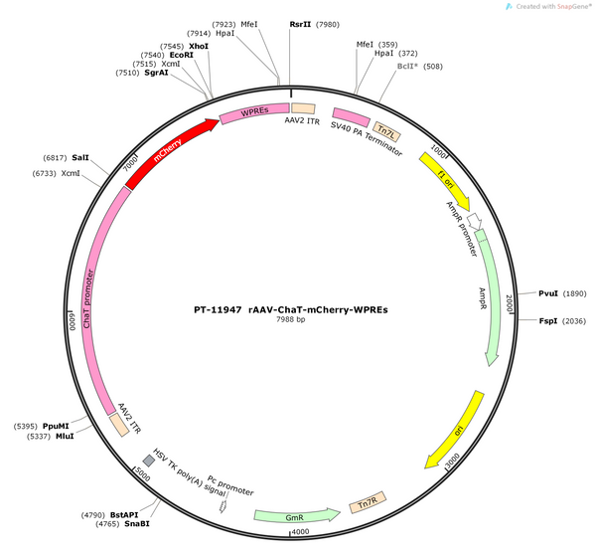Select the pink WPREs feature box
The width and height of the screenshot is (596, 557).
coord(254,112)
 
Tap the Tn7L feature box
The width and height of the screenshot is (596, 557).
coord(386,132)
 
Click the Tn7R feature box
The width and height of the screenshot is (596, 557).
coord(368,502)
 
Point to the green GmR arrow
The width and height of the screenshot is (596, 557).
coord(297,515)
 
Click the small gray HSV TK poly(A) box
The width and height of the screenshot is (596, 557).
coord(149,461)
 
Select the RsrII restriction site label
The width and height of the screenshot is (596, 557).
coord(300,24)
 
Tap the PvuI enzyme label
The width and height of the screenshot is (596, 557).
coord(548,293)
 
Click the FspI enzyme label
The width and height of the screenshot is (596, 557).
coord(548,321)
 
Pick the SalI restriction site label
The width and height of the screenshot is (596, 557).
coord(80,157)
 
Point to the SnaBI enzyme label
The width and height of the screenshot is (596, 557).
coord(137,524)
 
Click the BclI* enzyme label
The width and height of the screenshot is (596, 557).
coord(407,67)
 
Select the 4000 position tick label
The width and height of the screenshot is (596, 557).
coord(301,531)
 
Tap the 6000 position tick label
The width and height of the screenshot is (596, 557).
coord(73,321)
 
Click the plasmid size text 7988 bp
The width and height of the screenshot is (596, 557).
coord(291,319)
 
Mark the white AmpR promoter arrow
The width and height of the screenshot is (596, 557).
coord(475,221)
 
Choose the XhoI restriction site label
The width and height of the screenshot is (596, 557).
coord(199,46)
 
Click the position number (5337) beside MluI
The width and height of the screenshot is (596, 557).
coord(39,437)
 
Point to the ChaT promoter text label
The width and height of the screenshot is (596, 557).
coord(87,298)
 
